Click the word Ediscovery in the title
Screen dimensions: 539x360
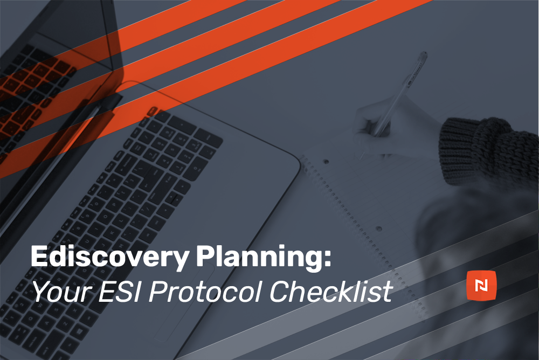109,257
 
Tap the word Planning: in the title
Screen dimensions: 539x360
264,257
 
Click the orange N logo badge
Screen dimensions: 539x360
481,285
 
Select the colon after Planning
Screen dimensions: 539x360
327,259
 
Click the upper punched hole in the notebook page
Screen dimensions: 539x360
326,161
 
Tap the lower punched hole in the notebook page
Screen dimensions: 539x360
379,229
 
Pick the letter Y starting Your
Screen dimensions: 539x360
40,292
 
